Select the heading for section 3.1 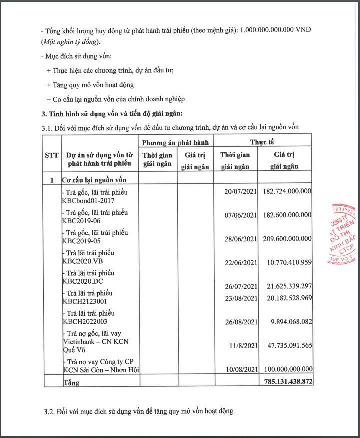coord(170,127)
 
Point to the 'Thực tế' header coord(262,142)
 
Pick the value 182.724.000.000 coord(287,191)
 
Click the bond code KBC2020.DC coord(83,281)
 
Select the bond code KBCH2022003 coord(85,321)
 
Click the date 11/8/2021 coord(243,345)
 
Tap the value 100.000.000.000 coord(287,369)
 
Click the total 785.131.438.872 coord(286,382)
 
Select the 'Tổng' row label coord(71,383)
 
